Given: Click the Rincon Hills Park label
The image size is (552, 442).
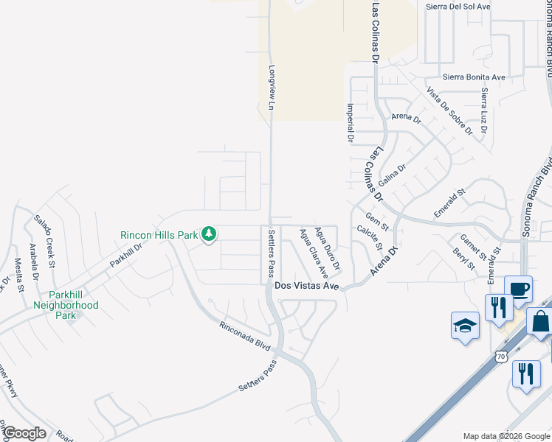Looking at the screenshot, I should [159, 235].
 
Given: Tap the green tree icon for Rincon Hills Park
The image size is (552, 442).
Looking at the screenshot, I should [210, 234].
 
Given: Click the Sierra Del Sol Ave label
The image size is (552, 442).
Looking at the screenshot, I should [458, 7].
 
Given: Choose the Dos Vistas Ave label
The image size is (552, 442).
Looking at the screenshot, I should [306, 285].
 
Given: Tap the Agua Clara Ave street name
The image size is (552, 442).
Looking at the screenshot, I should [313, 253].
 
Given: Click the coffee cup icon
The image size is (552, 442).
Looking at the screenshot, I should [518, 288].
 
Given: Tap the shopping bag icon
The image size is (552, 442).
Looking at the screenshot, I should [540, 322].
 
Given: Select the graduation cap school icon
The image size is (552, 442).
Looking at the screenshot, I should [466, 325].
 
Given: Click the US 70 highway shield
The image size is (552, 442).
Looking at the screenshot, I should [501, 357].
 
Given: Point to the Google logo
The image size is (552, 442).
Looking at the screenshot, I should [24, 434].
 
